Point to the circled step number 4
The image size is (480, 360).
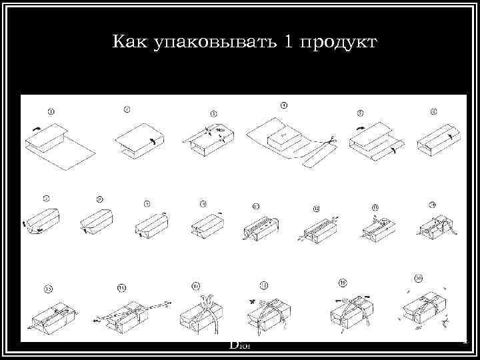(284, 106)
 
